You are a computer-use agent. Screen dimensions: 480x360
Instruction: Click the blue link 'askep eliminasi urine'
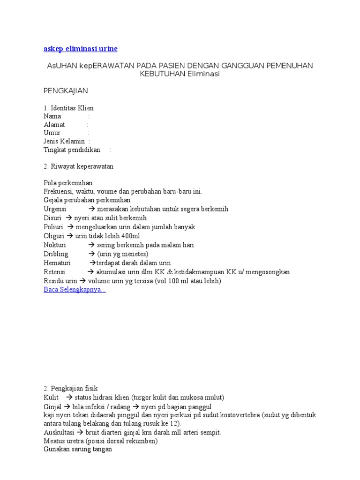(81, 49)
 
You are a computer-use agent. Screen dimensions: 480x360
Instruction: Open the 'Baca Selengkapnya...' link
(75, 290)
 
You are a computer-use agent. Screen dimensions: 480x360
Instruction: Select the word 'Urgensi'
(55, 209)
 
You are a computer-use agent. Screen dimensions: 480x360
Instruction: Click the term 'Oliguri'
(53, 236)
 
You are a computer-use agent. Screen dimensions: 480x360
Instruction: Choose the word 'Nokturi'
(55, 245)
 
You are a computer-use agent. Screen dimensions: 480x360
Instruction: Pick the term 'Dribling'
(56, 254)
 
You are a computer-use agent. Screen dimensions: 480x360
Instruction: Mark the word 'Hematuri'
(57, 263)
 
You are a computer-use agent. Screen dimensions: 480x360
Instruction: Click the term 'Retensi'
(54, 272)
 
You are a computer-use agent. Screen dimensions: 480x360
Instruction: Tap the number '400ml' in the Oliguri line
(130, 236)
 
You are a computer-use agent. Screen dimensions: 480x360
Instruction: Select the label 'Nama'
(52, 116)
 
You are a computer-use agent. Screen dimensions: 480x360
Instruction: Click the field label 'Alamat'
(54, 125)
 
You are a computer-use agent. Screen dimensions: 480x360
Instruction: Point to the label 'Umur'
(52, 133)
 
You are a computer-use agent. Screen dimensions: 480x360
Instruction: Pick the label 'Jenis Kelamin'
(64, 142)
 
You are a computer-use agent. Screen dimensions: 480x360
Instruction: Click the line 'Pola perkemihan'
(68, 183)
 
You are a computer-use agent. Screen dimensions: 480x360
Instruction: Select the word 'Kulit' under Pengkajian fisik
(51, 397)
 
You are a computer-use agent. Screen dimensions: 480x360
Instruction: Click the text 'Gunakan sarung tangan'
(78, 449)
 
